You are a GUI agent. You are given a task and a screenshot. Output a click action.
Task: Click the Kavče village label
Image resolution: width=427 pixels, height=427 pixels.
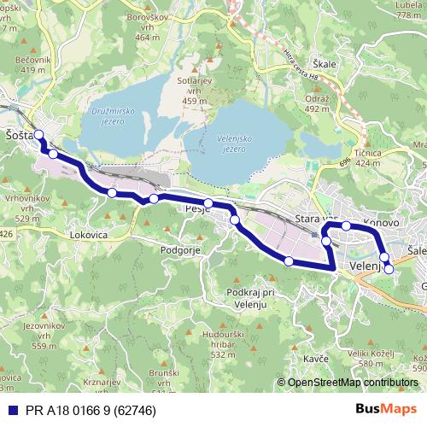pos(315,358)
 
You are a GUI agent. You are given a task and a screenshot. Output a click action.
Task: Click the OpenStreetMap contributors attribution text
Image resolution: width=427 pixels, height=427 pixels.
pos(359,383)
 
